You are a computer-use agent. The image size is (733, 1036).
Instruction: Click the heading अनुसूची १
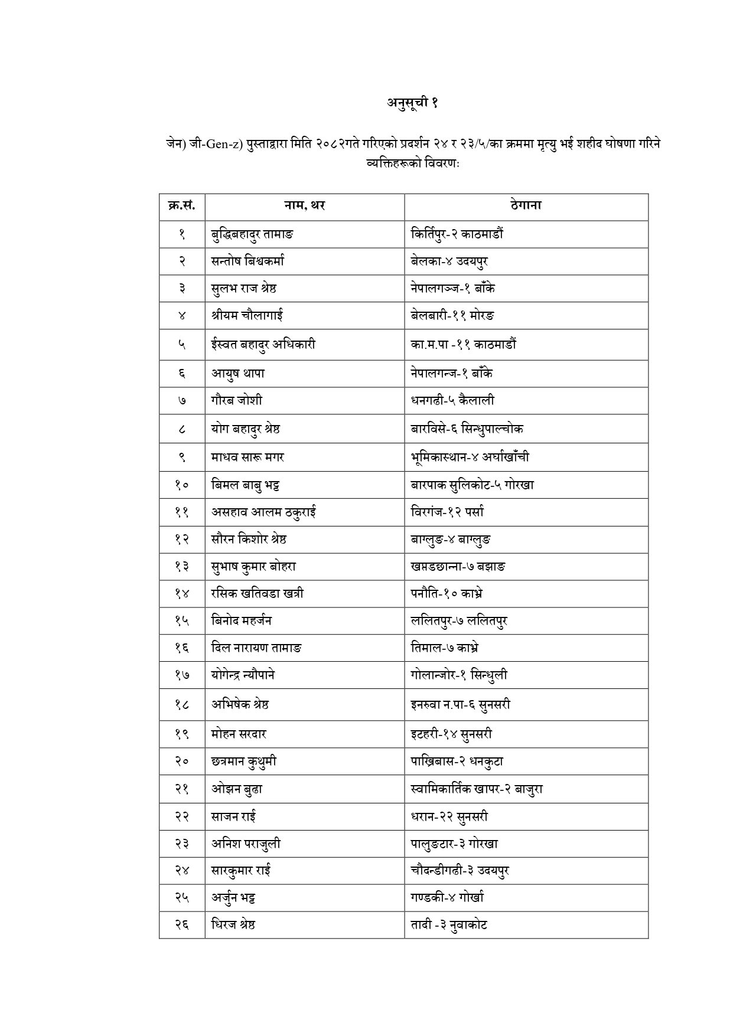412,103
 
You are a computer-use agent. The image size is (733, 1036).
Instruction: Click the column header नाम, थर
304,206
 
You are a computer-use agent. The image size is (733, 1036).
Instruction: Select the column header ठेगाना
526,206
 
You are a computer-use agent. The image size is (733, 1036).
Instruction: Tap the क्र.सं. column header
181,206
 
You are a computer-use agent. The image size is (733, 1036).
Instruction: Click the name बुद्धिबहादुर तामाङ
252,234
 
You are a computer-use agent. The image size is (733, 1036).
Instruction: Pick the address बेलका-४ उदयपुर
449,262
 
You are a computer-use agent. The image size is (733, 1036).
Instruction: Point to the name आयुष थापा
238,373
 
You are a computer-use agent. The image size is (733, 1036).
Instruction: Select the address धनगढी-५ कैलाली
452,401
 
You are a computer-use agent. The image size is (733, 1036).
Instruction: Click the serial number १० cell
181,485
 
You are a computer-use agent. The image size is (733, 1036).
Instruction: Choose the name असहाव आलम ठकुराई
263,512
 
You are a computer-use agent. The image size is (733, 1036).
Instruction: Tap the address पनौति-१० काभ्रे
448,593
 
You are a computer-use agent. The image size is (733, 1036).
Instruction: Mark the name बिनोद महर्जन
242,620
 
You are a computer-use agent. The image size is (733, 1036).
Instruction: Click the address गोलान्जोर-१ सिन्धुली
459,675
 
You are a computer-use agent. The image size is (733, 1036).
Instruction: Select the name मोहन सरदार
239,734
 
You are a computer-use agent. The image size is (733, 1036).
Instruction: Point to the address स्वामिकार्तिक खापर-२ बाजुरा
477,789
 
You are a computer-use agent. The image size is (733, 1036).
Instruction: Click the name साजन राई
233,817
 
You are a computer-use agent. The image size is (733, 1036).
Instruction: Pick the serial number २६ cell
181,925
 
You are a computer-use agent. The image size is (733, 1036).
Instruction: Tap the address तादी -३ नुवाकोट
449,925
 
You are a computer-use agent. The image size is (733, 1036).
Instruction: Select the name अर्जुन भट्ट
233,898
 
